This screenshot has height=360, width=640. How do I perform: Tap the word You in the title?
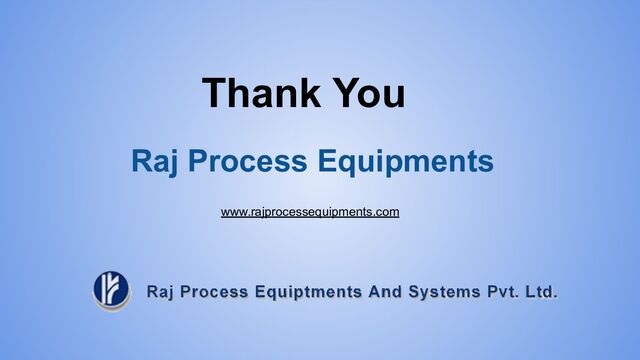(x=368, y=93)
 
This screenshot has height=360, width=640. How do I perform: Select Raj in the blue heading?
(x=154, y=161)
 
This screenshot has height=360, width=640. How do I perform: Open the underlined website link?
(x=310, y=212)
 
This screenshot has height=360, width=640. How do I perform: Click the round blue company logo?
(x=111, y=290)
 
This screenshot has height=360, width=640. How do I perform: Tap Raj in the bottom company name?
(x=162, y=292)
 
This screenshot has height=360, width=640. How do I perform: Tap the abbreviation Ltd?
(x=544, y=292)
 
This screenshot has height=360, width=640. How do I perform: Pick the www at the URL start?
(x=234, y=212)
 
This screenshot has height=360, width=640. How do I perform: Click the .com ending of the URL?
(x=387, y=212)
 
